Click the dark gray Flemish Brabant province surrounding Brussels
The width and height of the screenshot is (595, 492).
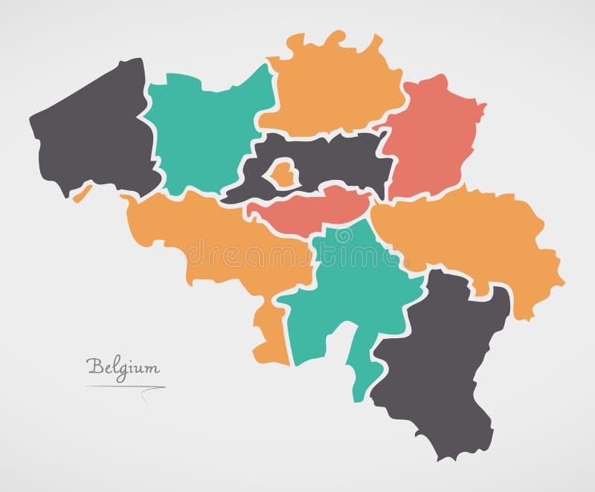(335, 160)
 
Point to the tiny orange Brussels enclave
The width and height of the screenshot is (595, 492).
(281, 173)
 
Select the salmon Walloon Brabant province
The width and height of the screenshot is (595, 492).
(312, 208)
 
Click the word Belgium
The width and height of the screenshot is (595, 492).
(122, 366)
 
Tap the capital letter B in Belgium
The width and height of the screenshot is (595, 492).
(94, 365)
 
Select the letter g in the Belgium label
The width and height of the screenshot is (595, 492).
(122, 369)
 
